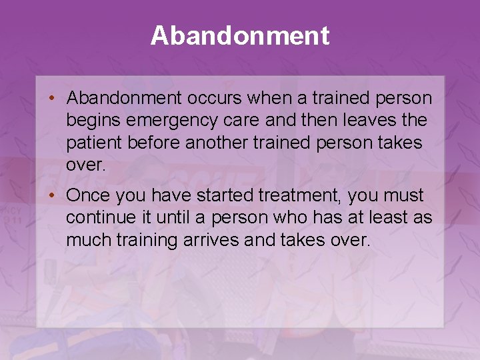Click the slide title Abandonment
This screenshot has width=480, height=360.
[240, 35]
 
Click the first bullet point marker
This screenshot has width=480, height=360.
[51, 99]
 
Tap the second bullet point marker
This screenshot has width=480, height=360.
[51, 196]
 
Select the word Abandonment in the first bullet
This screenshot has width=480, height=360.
[124, 99]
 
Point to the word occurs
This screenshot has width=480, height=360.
[214, 99]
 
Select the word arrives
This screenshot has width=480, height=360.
[212, 240]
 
